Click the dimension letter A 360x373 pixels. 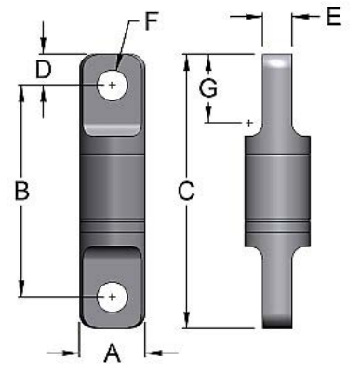tap(112, 353)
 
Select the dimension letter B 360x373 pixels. tap(22, 191)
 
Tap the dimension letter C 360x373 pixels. tap(186, 191)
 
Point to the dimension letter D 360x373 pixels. tap(44, 70)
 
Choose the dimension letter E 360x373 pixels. tap(334, 17)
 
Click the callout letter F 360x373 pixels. tap(152, 21)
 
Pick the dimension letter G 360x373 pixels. tap(208, 88)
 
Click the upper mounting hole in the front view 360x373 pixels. tap(112, 85)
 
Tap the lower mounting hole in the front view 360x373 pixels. tap(112, 297)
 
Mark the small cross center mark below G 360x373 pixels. tap(248, 123)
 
